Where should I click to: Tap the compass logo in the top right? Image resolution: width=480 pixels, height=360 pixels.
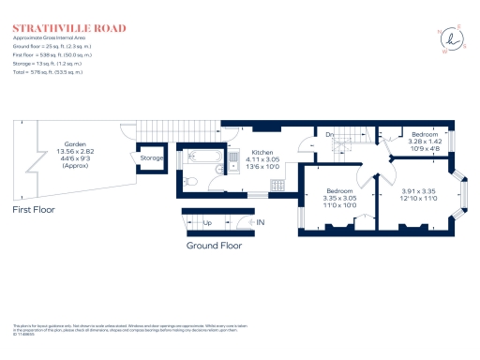456,40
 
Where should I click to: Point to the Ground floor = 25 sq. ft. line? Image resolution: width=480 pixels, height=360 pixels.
52,45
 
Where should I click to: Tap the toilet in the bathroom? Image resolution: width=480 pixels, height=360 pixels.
187,181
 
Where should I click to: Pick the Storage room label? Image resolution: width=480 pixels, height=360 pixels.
152,158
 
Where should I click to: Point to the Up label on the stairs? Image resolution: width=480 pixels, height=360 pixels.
207,223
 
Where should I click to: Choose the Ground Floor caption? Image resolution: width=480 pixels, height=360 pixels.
213,246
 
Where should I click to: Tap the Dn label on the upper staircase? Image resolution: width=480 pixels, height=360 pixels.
330,136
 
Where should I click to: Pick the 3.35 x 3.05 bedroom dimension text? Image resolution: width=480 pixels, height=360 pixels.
339,199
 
